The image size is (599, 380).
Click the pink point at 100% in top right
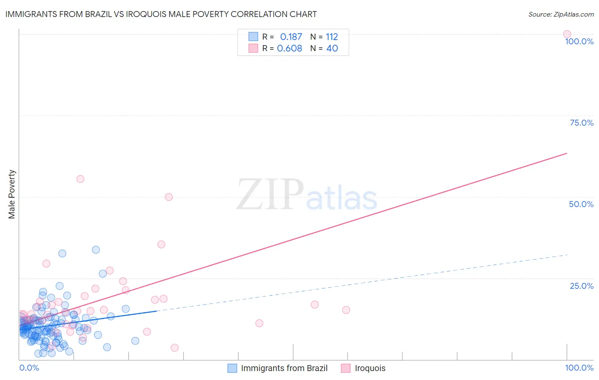(x=567, y=34)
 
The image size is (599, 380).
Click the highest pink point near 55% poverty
(x=80, y=179)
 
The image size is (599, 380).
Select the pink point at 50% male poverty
(x=169, y=197)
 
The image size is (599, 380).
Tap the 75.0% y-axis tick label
(x=582, y=123)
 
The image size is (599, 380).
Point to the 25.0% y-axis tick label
(x=582, y=286)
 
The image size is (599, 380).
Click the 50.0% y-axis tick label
(x=581, y=204)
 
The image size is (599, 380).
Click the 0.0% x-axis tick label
(x=29, y=368)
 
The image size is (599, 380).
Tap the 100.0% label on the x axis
(x=579, y=368)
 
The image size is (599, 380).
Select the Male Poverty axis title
(x=12, y=194)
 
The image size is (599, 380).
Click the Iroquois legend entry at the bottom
(x=370, y=368)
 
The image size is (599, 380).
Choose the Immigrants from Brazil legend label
(x=284, y=368)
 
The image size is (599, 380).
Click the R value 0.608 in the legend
(x=289, y=49)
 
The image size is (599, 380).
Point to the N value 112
(x=332, y=37)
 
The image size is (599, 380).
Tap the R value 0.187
(x=291, y=37)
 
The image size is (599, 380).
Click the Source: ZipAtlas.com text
(x=561, y=14)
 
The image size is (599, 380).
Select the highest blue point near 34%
(x=96, y=250)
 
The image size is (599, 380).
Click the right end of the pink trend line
(x=567, y=153)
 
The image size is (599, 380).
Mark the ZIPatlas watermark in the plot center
(x=307, y=196)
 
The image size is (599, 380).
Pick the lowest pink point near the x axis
(x=174, y=348)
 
